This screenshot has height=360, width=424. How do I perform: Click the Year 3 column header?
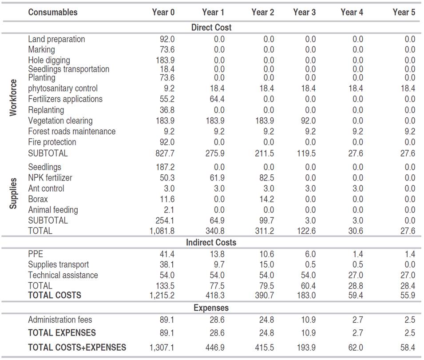(304, 12)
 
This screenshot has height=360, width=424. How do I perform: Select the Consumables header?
(52, 12)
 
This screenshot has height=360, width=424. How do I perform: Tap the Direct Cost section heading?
(211, 28)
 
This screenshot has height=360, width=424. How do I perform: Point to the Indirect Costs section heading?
(211, 243)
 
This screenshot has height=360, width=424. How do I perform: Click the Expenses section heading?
(211, 308)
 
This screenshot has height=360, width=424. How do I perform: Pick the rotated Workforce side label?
(13, 98)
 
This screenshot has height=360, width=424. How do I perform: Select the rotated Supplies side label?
(13, 194)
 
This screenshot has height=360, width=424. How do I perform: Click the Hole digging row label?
(49, 60)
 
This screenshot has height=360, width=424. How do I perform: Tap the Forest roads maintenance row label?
(71, 132)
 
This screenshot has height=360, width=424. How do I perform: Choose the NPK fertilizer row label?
(50, 178)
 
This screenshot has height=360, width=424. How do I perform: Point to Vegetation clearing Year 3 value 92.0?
(307, 121)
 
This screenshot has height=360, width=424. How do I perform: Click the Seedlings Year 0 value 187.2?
(165, 167)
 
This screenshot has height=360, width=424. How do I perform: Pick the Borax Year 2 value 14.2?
(265, 199)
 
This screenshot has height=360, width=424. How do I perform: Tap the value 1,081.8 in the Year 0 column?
(162, 231)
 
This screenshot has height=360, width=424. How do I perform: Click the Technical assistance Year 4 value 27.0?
(355, 275)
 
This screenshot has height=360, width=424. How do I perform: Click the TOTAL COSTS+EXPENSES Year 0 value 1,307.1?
(162, 348)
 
